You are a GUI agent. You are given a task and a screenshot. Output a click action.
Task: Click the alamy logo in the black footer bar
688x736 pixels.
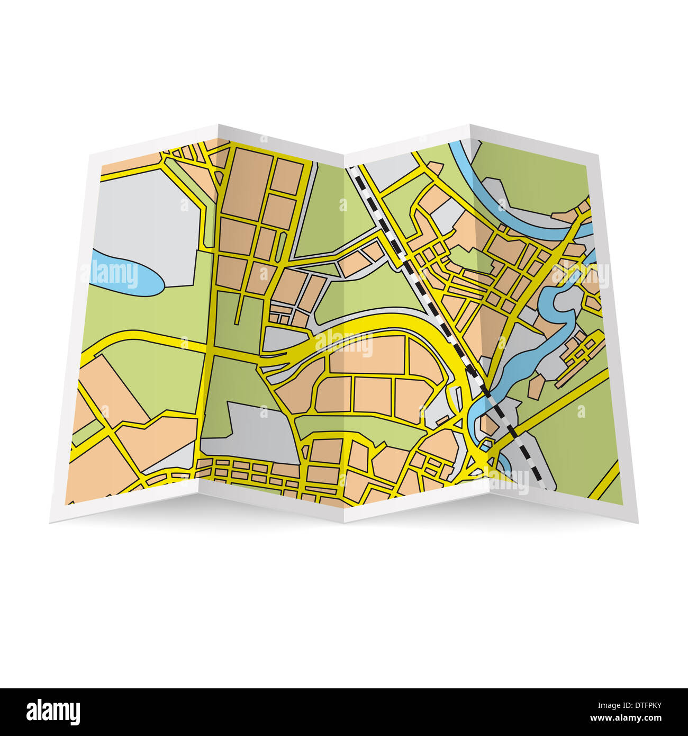pyautogui.click(x=53, y=712)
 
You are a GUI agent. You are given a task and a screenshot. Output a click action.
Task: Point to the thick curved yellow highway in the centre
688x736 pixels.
pyautogui.click(x=402, y=323)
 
